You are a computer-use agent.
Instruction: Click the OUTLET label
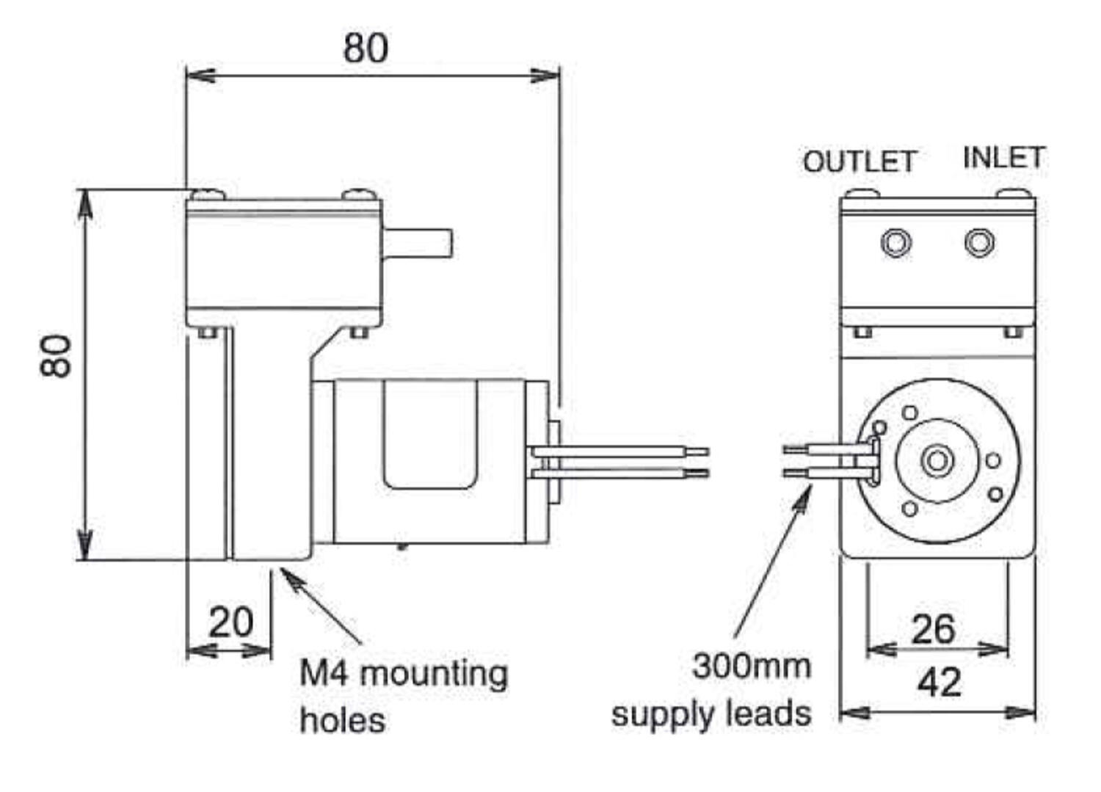[x=859, y=161]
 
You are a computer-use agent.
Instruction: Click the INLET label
[x=1003, y=158]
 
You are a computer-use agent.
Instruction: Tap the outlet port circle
[x=896, y=243]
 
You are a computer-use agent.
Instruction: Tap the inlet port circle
[x=980, y=243]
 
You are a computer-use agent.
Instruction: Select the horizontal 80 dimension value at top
[x=366, y=48]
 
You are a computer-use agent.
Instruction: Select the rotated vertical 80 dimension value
[x=56, y=356]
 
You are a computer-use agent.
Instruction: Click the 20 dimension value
[x=231, y=622]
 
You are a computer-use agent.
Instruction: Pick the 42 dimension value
[x=940, y=683]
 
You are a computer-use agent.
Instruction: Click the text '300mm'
[x=752, y=666]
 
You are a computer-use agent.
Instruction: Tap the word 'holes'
[x=343, y=720]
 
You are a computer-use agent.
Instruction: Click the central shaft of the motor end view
[x=937, y=461]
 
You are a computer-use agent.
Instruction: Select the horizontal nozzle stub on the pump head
[x=418, y=244]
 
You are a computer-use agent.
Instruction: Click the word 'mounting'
[x=435, y=675]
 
